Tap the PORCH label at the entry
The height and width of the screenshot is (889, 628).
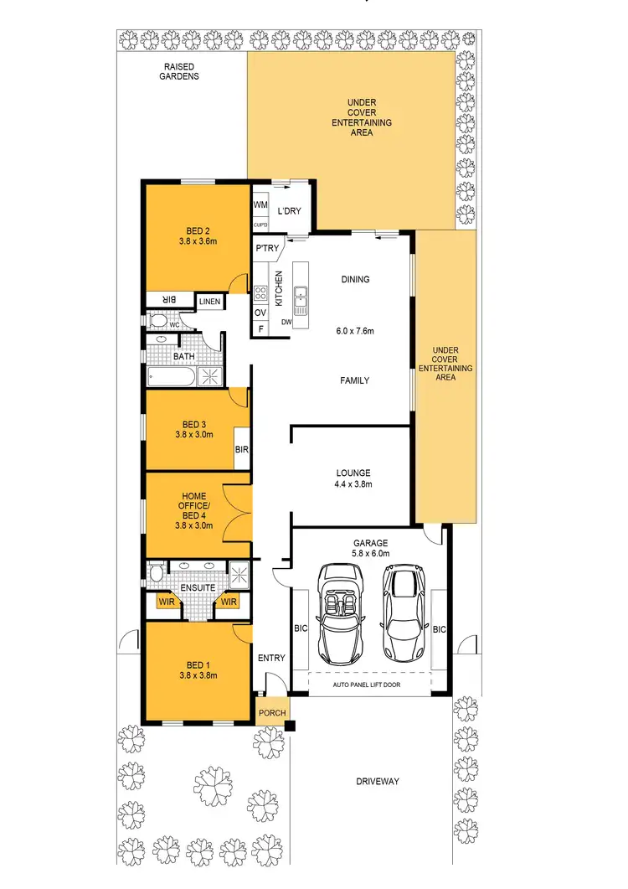pos(271,713)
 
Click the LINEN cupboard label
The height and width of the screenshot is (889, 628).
pos(208,301)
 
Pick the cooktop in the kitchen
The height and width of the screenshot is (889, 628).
pos(260,293)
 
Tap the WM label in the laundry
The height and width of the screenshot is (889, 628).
pos(260,204)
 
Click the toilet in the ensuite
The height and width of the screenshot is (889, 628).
pos(157,574)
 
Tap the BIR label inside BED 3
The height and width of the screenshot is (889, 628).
pos(241,450)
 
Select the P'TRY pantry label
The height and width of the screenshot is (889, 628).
pos(266,247)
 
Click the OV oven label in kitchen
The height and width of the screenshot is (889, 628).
pos(260,313)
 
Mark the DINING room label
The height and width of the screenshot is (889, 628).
pos(355,280)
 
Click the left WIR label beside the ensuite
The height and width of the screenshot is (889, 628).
pos(165,601)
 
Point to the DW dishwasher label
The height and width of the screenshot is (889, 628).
pos(286,322)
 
